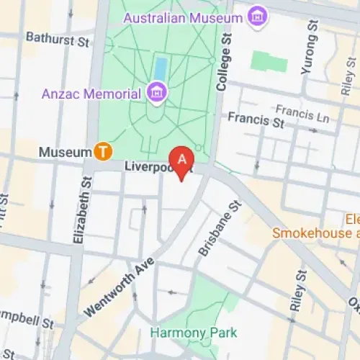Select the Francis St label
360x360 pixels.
pos(256,120)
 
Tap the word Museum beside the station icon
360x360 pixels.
pos(65,152)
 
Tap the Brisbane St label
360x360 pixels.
pos(219,228)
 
